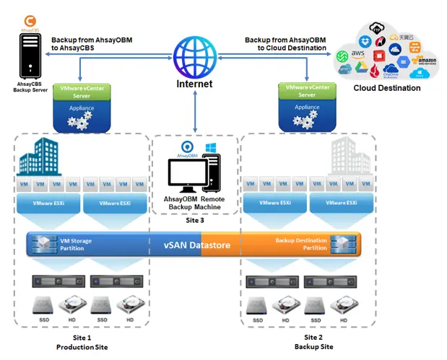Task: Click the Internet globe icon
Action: [194, 55]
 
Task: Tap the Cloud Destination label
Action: [386, 88]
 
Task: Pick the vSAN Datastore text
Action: [196, 245]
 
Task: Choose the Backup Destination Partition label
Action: [301, 245]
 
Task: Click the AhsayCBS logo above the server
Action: [31, 23]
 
